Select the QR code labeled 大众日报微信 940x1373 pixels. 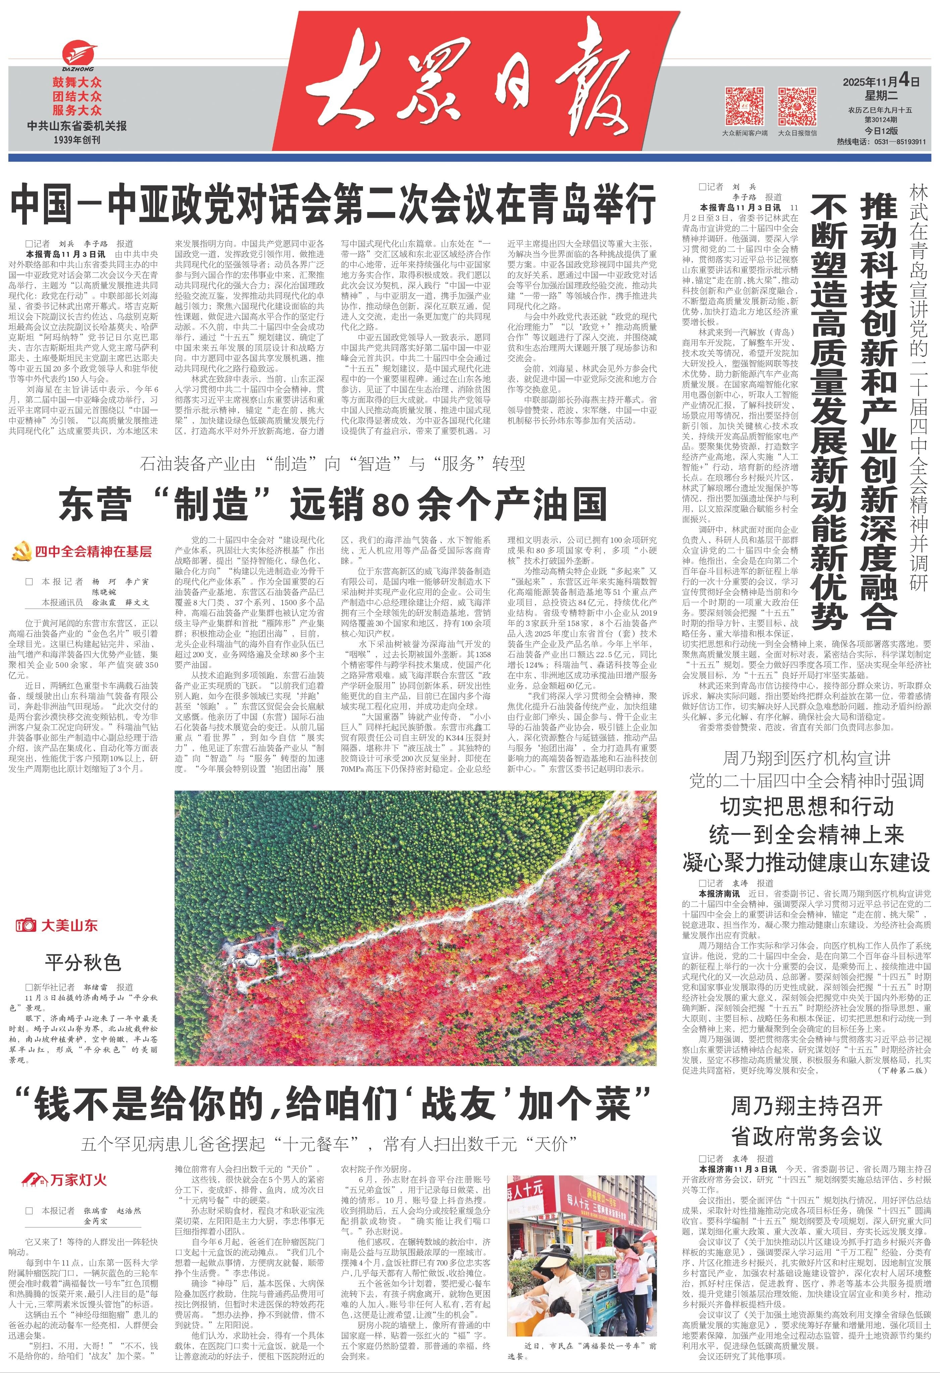(797, 105)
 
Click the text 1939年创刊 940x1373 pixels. (77, 140)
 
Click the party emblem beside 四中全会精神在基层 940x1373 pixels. (21, 552)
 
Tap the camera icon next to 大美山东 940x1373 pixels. (26, 925)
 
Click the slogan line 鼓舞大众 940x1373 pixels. (77, 83)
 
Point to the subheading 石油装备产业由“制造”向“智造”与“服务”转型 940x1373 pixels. (332, 464)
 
